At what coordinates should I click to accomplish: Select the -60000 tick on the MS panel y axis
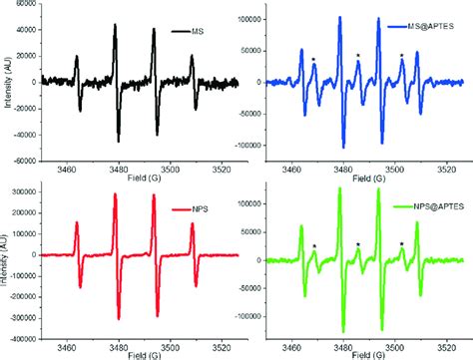(26, 160)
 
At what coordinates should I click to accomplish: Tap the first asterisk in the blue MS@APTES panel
(313, 60)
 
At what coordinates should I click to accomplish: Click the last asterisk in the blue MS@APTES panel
(402, 56)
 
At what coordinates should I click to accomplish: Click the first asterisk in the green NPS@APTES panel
(313, 247)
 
